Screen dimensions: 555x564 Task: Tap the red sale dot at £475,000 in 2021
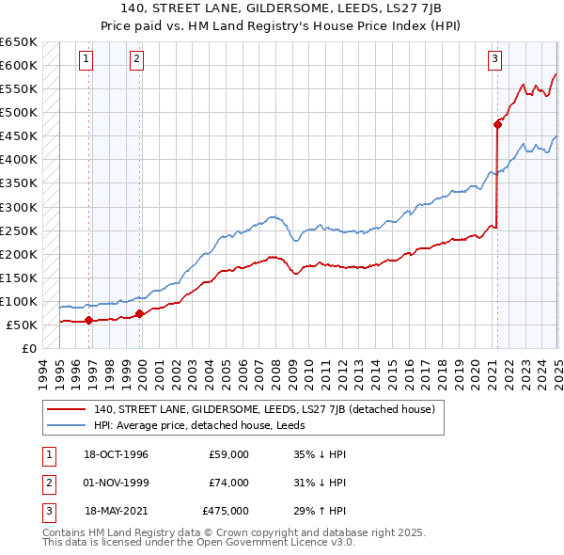(x=497, y=123)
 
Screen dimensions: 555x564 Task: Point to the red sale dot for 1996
(x=88, y=320)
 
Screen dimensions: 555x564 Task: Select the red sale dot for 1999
(x=139, y=313)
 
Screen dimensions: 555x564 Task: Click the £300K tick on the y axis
(x=20, y=207)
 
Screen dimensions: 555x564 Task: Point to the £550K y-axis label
(x=20, y=89)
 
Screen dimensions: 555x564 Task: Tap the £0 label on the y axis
(x=28, y=348)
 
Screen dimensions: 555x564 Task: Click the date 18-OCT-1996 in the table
(x=117, y=454)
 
